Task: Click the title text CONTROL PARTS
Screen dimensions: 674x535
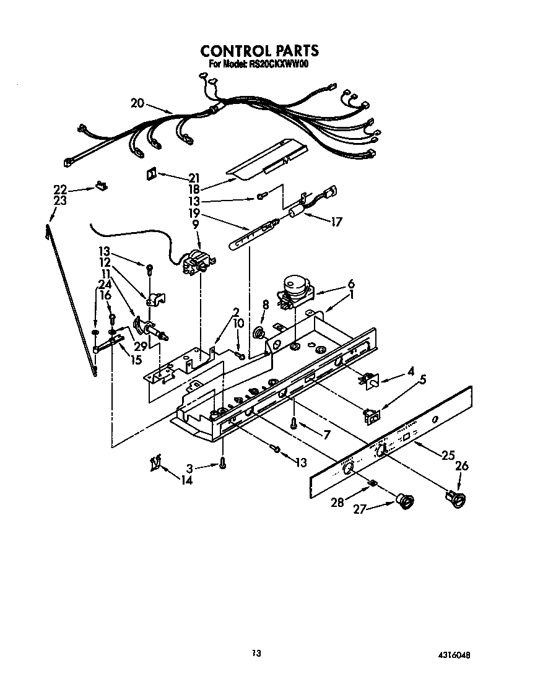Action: (259, 51)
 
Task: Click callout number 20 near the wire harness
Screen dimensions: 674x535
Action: (137, 103)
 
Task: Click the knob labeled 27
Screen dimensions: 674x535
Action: (406, 501)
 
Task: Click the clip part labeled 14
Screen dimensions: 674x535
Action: (156, 462)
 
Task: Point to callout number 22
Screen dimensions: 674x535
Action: (59, 189)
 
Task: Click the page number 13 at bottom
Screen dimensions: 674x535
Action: (256, 652)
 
